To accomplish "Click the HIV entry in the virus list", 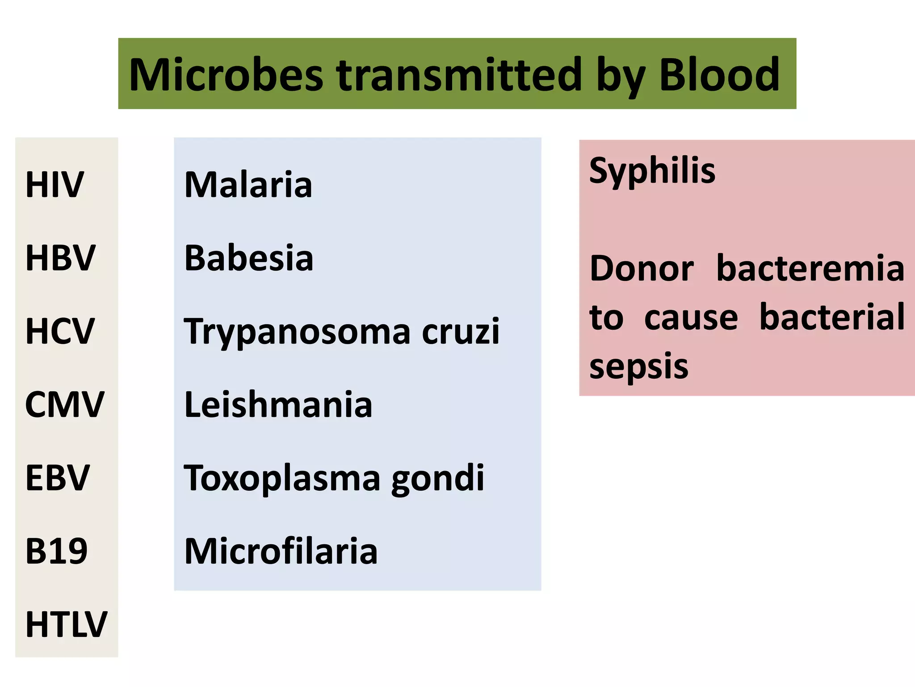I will tap(55, 184).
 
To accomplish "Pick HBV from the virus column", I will tap(60, 258).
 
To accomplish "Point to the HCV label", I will tap(60, 331).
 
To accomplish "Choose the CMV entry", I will tap(64, 404).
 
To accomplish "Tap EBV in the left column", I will tap(58, 478).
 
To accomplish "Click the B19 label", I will tap(56, 551).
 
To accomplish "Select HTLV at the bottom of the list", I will tap(66, 624).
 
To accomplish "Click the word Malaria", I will tap(248, 184).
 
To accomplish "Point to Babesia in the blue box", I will tap(249, 258).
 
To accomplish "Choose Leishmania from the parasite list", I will tap(278, 405).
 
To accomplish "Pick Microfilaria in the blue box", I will tap(281, 551).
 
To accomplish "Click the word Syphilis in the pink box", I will tap(652, 171).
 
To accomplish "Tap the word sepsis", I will tap(639, 366).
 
